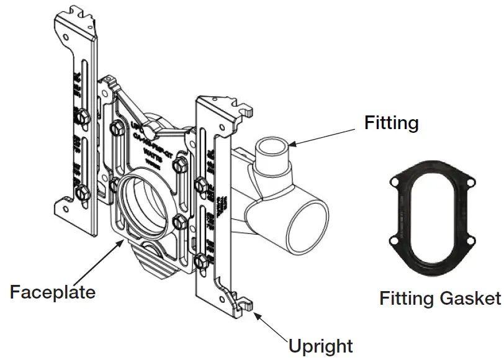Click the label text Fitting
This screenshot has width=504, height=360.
click(x=391, y=124)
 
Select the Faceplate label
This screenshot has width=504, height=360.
click(x=52, y=291)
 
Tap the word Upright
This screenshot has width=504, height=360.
click(x=320, y=345)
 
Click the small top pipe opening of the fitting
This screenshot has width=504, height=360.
click(x=273, y=149)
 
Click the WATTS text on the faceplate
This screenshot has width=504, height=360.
click(x=153, y=150)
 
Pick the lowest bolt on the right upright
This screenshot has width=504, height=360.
click(x=200, y=260)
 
